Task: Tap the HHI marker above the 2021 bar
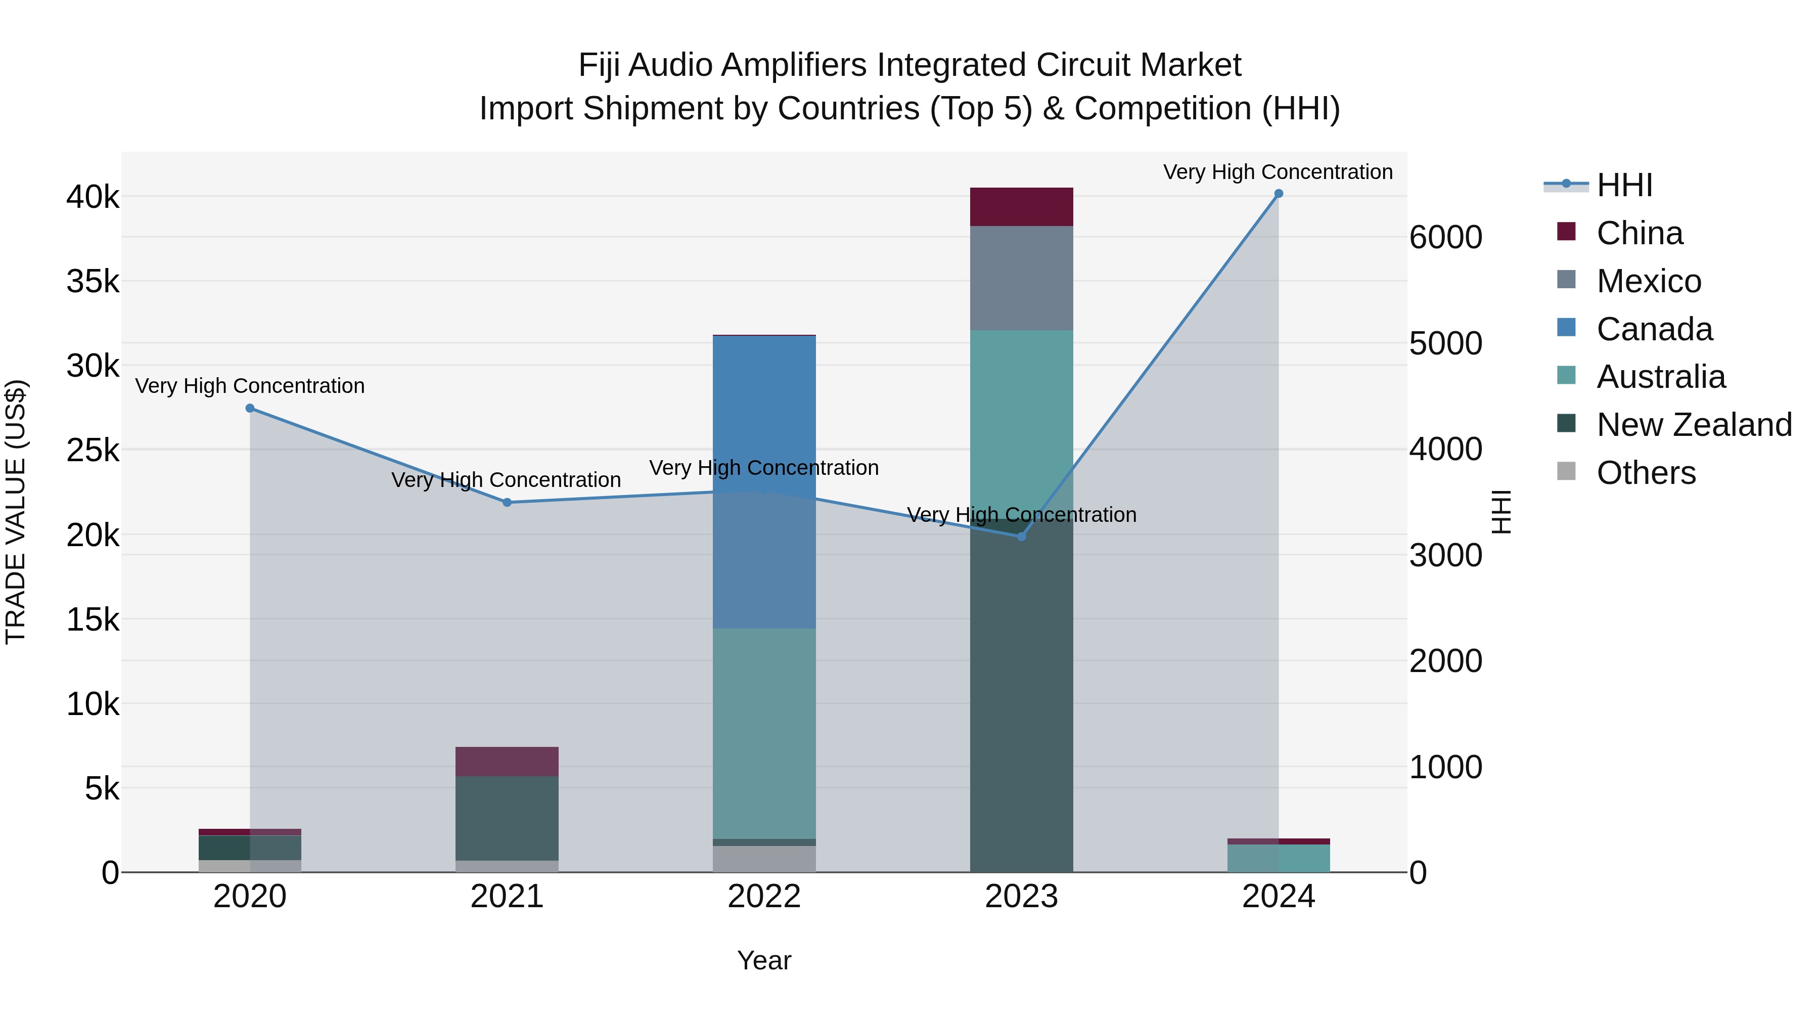[507, 503]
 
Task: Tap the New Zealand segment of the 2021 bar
[507, 818]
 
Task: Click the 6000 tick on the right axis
[1445, 238]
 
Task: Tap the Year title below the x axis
[764, 960]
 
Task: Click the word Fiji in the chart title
[599, 65]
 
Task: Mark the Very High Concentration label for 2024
[1278, 172]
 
